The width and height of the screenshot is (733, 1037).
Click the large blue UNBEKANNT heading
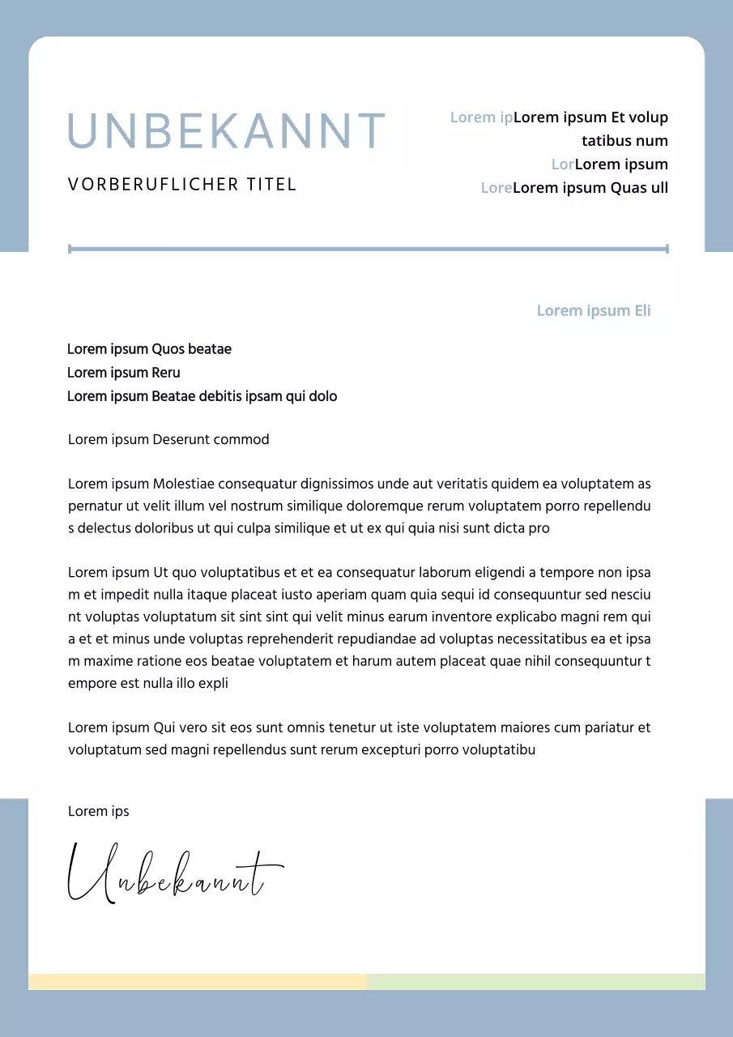coord(226,131)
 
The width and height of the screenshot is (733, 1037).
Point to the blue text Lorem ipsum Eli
coord(594,311)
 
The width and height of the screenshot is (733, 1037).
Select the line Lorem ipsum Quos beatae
coord(149,349)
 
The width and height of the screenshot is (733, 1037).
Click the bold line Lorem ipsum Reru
coord(123,373)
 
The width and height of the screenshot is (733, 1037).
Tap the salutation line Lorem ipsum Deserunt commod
coord(168,440)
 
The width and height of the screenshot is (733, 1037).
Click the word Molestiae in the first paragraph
coord(183,484)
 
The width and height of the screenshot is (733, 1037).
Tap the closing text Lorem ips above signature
coord(98,812)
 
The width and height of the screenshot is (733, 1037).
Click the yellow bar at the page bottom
coord(198,982)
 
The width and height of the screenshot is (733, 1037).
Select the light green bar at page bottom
coord(535,982)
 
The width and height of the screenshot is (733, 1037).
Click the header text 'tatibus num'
coord(624,141)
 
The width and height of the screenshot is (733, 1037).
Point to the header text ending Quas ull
coord(590,188)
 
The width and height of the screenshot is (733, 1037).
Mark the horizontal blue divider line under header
coord(369,249)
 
